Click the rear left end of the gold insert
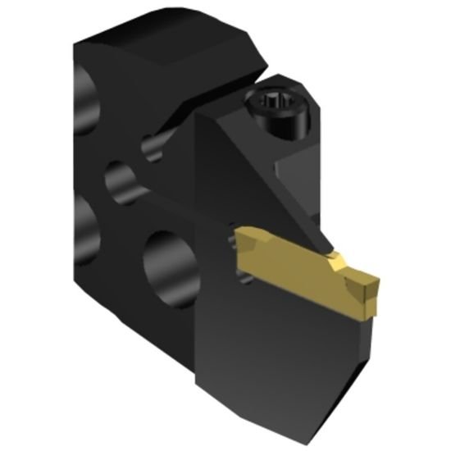point(239,243)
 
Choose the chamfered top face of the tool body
point(172,49)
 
